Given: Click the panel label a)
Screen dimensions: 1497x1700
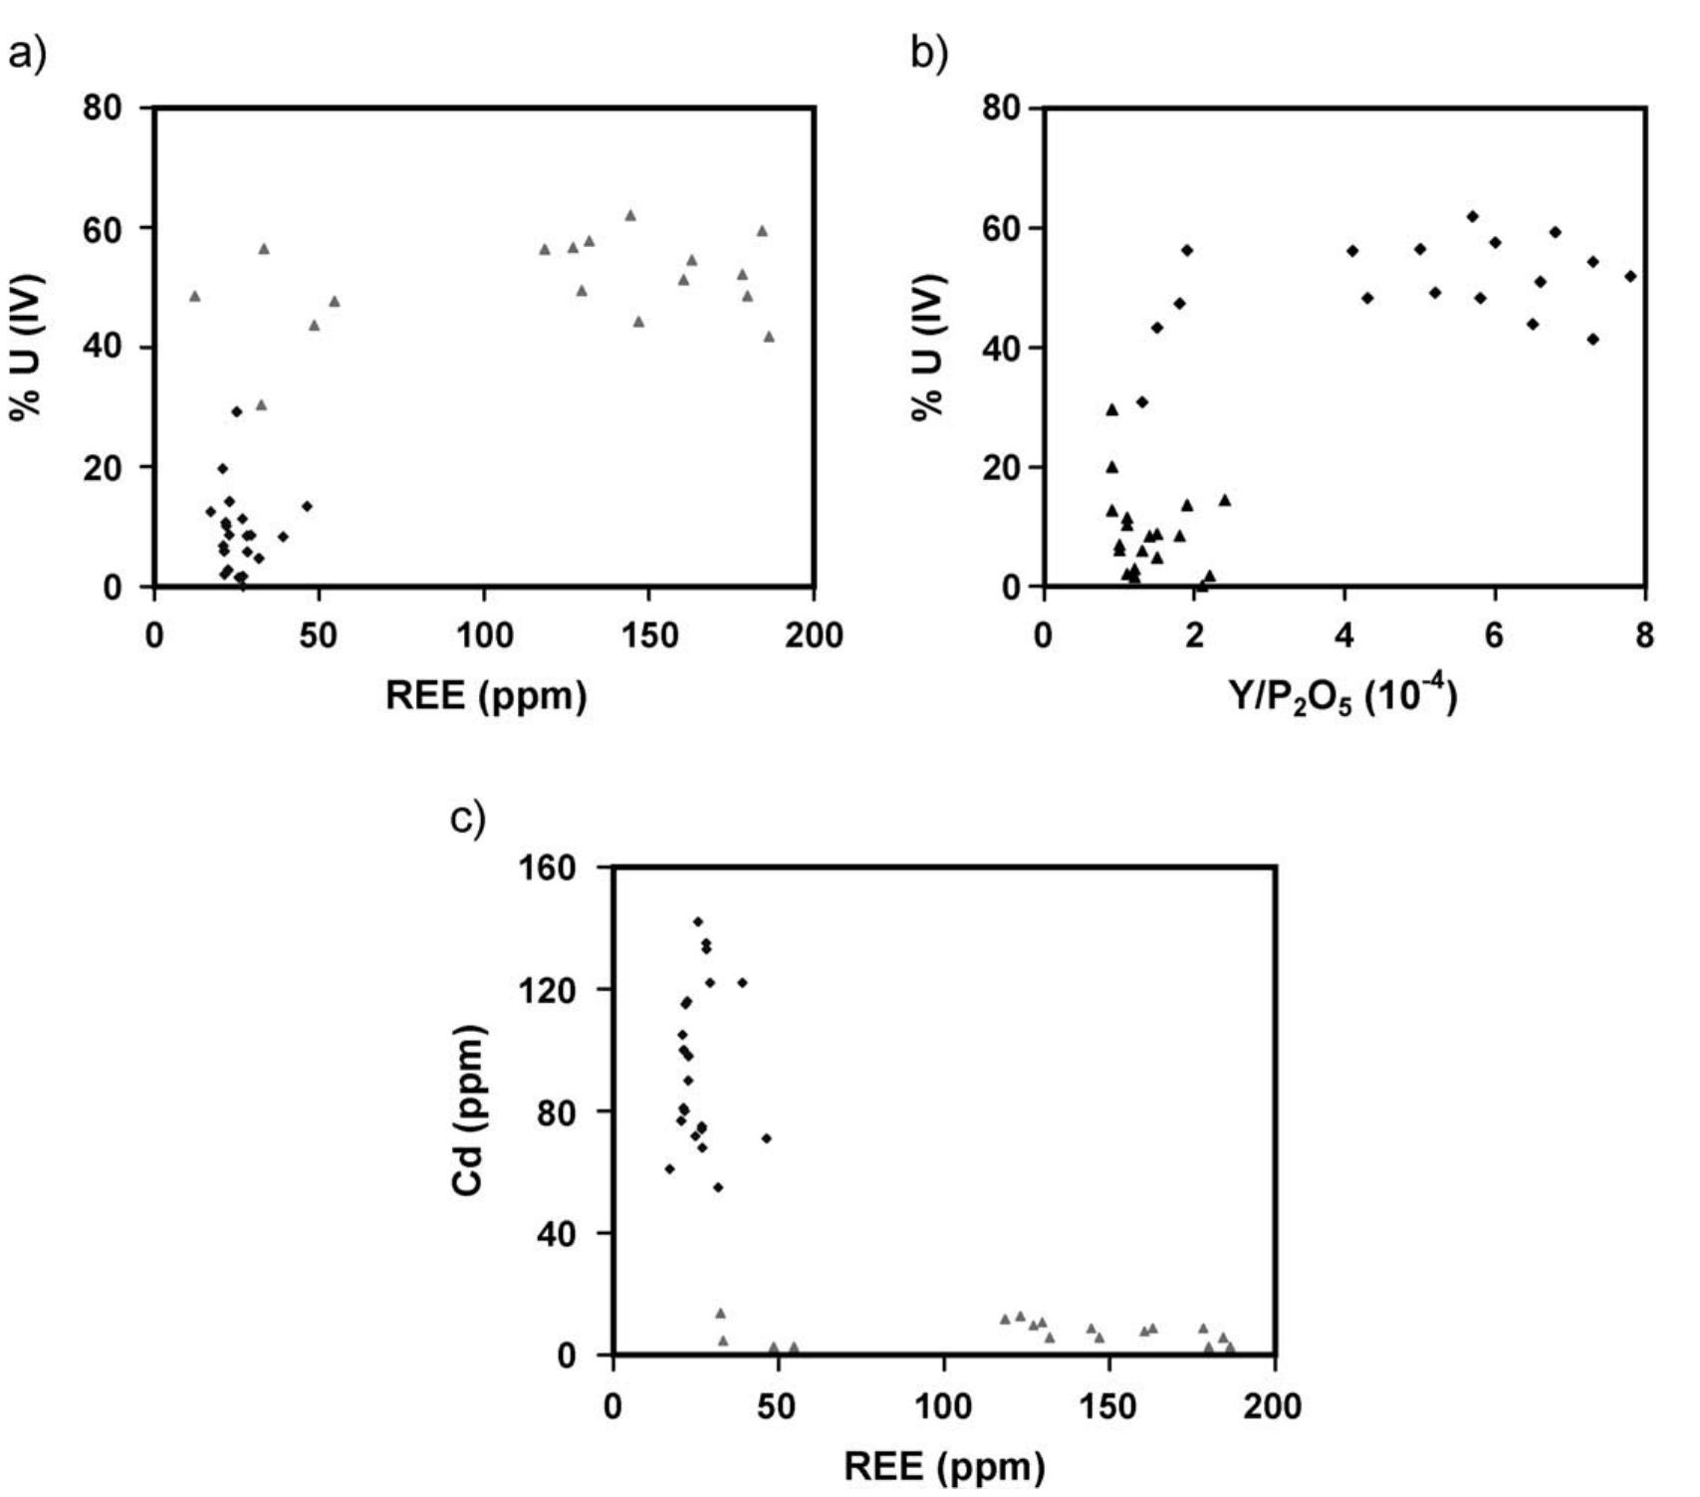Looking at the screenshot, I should click(x=27, y=54).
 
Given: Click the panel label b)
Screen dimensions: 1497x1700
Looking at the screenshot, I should click(x=930, y=54).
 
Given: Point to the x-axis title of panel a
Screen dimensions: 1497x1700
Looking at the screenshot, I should click(x=485, y=695).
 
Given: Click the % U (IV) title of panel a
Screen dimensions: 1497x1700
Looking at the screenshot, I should click(x=27, y=346).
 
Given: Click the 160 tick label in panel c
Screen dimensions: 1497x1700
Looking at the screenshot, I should click(x=549, y=869).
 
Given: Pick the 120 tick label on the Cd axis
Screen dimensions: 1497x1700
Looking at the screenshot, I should click(x=549, y=990).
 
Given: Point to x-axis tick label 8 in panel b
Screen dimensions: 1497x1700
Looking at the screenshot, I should click(x=1644, y=634).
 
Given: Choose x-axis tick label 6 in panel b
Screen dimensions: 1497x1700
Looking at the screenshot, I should click(x=1494, y=634).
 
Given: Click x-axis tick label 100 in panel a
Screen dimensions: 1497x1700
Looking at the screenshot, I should click(x=484, y=634).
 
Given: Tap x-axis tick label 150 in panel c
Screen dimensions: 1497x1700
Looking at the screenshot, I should click(x=1107, y=1405).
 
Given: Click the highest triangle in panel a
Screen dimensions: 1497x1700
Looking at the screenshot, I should click(x=629, y=215).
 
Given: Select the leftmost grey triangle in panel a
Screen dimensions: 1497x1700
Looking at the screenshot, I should click(x=194, y=296).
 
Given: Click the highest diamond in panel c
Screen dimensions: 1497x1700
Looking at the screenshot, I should click(x=698, y=921).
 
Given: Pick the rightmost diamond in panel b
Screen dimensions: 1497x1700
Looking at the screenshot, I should click(x=1630, y=276).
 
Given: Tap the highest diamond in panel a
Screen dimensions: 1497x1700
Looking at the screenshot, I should click(x=236, y=411).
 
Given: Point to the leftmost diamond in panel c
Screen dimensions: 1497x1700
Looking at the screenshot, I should click(x=669, y=1168).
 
